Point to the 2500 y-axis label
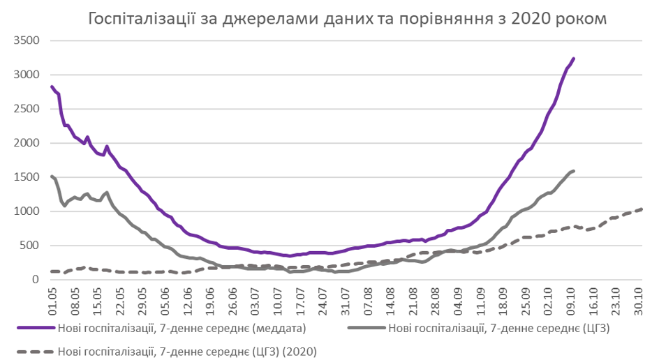pyautogui.click(x=27, y=109)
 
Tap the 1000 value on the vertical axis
pyautogui.click(x=27, y=211)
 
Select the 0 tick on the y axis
pyautogui.click(x=34, y=280)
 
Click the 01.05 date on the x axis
pyautogui.click(x=53, y=301)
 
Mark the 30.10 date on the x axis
pyautogui.click(x=640, y=301)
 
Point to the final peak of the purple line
pyautogui.click(x=573, y=59)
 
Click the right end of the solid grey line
pyautogui.click(x=573, y=171)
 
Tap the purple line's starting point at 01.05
pyautogui.click(x=52, y=87)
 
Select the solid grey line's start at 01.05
pyautogui.click(x=52, y=177)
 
